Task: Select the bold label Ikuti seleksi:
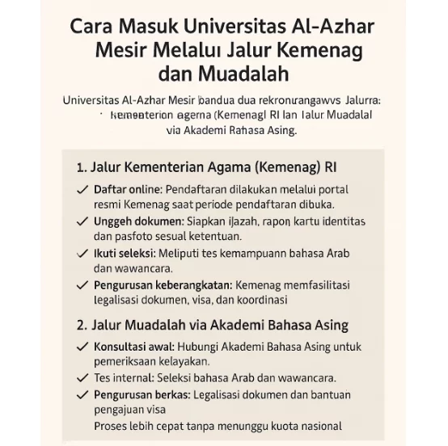pos(129,253)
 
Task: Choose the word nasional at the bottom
pos(318,426)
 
